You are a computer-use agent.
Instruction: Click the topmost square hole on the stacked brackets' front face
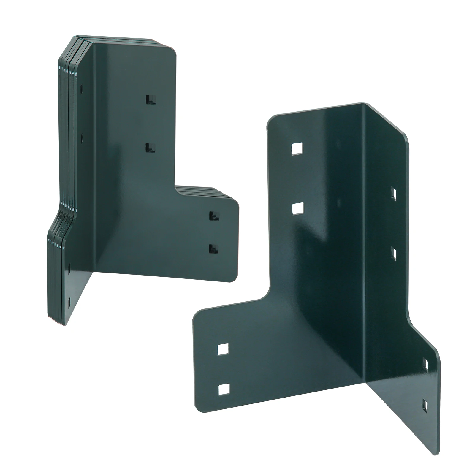point(151,99)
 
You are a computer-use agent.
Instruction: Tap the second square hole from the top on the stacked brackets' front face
point(151,148)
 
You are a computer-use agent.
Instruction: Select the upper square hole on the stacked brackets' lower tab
point(213,216)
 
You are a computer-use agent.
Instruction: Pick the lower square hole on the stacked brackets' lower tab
point(213,249)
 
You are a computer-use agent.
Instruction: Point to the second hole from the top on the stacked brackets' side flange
point(82,137)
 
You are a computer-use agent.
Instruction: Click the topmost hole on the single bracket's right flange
point(394,194)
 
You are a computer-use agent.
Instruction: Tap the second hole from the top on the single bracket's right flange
point(394,254)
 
